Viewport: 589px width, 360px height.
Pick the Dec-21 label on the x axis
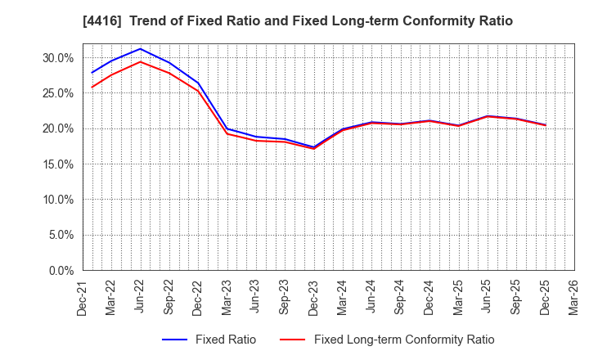tap(83, 296)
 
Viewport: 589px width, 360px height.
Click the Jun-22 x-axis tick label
tap(141, 296)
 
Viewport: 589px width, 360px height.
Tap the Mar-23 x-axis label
tap(227, 296)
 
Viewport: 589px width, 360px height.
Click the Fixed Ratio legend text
tap(225, 340)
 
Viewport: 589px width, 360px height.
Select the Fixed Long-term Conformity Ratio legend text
tap(404, 340)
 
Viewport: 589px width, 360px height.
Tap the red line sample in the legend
tap(293, 340)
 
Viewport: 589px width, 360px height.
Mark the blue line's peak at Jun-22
tap(141, 48)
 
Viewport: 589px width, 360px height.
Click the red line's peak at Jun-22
tap(141, 61)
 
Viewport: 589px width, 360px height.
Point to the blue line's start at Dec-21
tap(92, 73)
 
